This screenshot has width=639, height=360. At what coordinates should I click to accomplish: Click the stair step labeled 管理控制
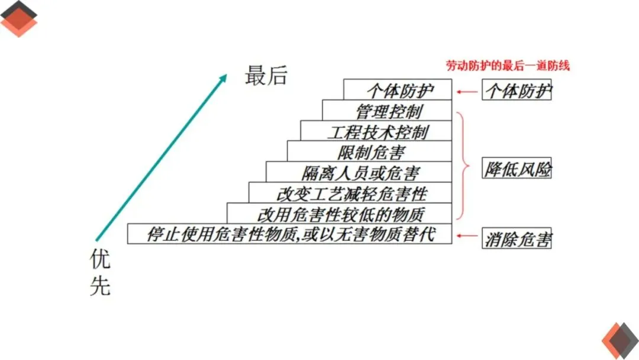[388, 111]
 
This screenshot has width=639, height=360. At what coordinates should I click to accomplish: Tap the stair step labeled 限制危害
[371, 152]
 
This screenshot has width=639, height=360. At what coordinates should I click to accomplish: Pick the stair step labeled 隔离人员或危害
[360, 172]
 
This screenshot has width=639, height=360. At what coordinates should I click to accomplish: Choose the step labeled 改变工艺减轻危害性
[351, 192]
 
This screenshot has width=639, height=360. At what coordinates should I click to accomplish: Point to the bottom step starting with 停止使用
[290, 234]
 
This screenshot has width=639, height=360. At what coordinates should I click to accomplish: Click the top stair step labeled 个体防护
[399, 90]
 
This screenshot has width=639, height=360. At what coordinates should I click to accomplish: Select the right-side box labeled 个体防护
[517, 90]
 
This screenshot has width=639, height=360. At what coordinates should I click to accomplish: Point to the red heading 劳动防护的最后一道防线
[507, 66]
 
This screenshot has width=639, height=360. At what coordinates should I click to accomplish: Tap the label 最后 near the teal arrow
[266, 76]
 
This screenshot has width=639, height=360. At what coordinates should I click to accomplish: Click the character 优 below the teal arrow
[100, 259]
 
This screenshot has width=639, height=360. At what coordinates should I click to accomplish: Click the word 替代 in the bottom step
[421, 234]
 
